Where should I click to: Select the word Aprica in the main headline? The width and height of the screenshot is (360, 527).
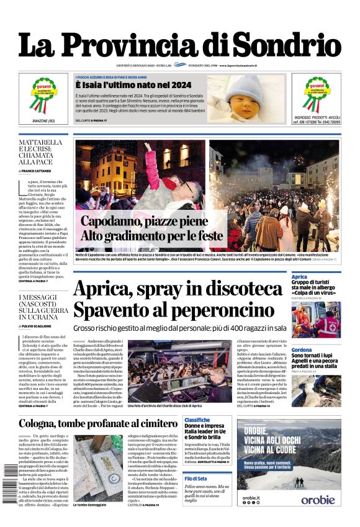coord(104,291)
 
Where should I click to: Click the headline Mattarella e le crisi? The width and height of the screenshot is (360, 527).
coord(40,152)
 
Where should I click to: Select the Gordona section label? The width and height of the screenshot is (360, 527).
coord(302,350)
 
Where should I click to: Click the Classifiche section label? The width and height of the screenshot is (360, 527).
coord(197,420)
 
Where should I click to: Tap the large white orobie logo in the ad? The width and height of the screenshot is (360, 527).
coord(318,499)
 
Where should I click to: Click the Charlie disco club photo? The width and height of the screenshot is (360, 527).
coord(177,371)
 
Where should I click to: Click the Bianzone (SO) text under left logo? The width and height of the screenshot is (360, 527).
coord(42,120)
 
